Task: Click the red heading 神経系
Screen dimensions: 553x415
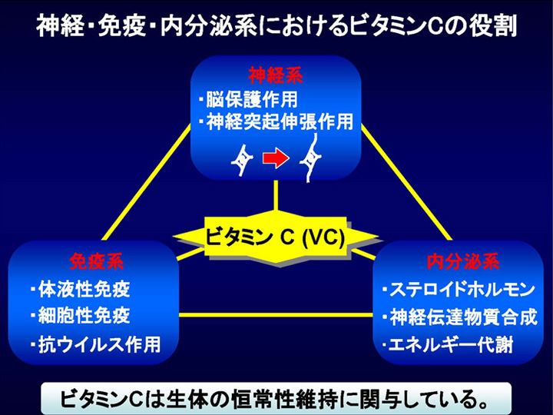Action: click(x=276, y=75)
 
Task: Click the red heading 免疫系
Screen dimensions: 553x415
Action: click(x=96, y=261)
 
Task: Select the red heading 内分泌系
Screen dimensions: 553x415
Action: click(x=462, y=261)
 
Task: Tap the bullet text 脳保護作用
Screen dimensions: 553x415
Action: click(x=248, y=99)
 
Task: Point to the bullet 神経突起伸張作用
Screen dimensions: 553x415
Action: click(x=276, y=121)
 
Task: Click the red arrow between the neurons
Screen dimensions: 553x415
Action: click(x=276, y=158)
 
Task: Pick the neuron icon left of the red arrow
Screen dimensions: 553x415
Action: click(x=242, y=159)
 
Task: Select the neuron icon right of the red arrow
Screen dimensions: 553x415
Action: click(x=310, y=158)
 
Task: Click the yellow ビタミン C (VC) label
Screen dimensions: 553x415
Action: click(x=275, y=237)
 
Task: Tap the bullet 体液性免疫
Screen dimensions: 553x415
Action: click(x=81, y=290)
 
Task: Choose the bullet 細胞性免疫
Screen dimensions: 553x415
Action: click(x=81, y=315)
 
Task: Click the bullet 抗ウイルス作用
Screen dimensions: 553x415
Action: click(x=95, y=344)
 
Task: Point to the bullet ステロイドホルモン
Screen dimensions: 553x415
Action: click(x=459, y=290)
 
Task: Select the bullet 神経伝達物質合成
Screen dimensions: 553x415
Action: click(x=460, y=317)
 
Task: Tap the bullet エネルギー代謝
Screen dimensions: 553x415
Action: click(x=448, y=345)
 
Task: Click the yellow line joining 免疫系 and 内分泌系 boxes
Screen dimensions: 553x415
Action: click(x=276, y=315)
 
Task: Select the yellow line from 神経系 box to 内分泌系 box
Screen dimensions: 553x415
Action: click(x=406, y=182)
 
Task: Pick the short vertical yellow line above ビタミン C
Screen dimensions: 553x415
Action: click(x=276, y=196)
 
